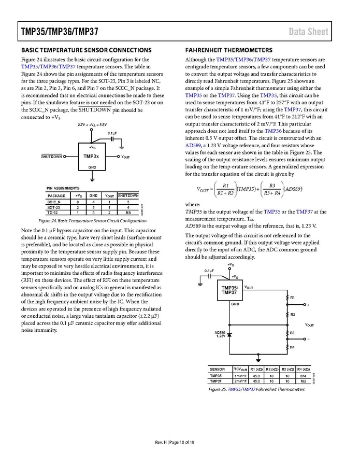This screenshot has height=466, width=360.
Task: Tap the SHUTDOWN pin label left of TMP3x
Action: [51, 156]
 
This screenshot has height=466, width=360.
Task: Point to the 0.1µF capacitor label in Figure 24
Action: [112, 133]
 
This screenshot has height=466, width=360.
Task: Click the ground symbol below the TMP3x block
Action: [92, 179]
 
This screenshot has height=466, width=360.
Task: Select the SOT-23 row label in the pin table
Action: [54, 207]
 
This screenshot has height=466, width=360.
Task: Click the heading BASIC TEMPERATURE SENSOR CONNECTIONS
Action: [86, 50]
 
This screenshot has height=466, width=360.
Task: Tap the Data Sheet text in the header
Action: [308, 32]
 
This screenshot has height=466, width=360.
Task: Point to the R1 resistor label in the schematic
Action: [293, 298]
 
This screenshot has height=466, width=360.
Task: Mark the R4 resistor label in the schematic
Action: [293, 347]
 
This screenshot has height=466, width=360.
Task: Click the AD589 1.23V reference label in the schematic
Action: [221, 334]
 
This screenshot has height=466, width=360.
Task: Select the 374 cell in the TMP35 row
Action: [303, 376]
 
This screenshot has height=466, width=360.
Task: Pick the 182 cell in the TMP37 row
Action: [303, 381]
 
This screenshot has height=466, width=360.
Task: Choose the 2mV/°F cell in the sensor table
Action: [240, 381]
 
